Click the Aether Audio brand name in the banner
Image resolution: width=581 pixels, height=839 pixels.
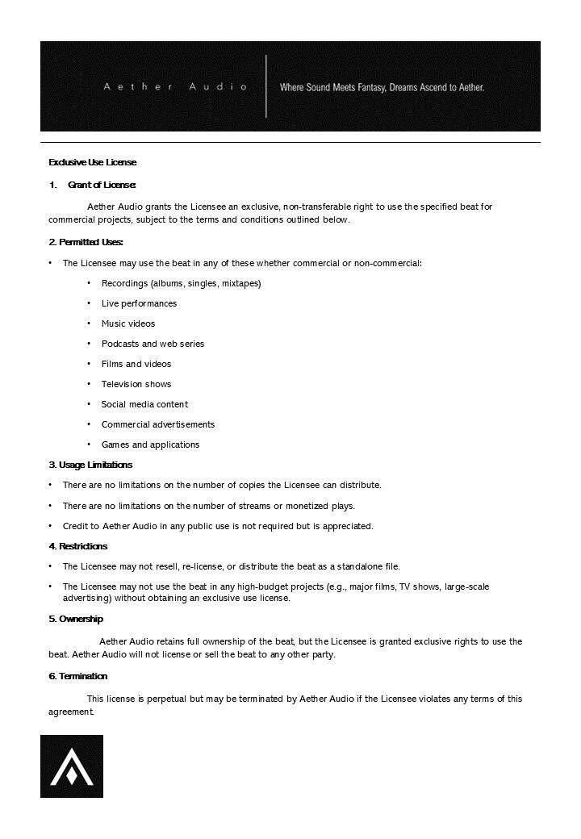(x=175, y=86)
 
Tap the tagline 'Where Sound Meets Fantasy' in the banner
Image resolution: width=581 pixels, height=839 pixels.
(x=382, y=87)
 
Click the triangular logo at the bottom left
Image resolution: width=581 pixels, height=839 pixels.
(x=72, y=766)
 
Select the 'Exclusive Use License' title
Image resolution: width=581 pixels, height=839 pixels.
(x=93, y=162)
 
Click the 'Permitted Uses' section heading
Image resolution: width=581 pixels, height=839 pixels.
(x=86, y=242)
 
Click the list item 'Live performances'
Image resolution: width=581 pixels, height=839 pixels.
(x=139, y=303)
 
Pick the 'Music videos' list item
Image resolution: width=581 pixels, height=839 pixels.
(x=128, y=323)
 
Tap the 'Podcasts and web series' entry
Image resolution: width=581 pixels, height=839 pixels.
(x=153, y=344)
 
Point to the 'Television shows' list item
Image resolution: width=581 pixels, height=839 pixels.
(x=136, y=384)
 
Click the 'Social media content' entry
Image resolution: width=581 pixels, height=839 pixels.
(x=144, y=404)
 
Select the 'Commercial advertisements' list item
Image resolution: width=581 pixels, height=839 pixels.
(x=158, y=424)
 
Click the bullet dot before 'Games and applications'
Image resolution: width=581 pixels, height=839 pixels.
(x=90, y=445)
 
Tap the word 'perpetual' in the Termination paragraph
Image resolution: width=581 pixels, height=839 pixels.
(x=166, y=699)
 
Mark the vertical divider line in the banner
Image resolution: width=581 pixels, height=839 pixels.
(x=266, y=86)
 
